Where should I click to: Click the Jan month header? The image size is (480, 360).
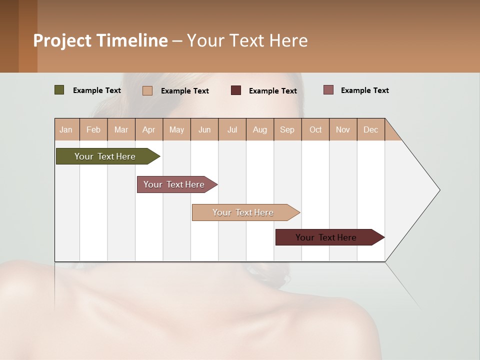coord(66,129)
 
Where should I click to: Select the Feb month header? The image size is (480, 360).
coord(93,129)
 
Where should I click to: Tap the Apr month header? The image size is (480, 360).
coord(149,129)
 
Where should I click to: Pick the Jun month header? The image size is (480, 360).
coord(204,129)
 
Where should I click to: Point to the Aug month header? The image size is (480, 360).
coord(260,129)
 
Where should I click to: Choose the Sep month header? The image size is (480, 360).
coord(287,129)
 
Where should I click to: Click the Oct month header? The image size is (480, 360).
coord(315,129)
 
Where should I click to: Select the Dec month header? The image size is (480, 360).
coord(371,129)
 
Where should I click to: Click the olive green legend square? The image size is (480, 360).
coord(59,90)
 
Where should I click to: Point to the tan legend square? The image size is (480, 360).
coord(147,90)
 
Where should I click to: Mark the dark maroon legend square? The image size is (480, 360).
coord(236,90)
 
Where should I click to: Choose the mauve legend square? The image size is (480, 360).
coord(328,90)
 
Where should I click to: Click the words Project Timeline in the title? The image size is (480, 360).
coord(100,40)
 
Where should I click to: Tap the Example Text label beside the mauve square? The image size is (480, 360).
coord(364,90)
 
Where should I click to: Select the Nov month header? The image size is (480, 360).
coord(343,129)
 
